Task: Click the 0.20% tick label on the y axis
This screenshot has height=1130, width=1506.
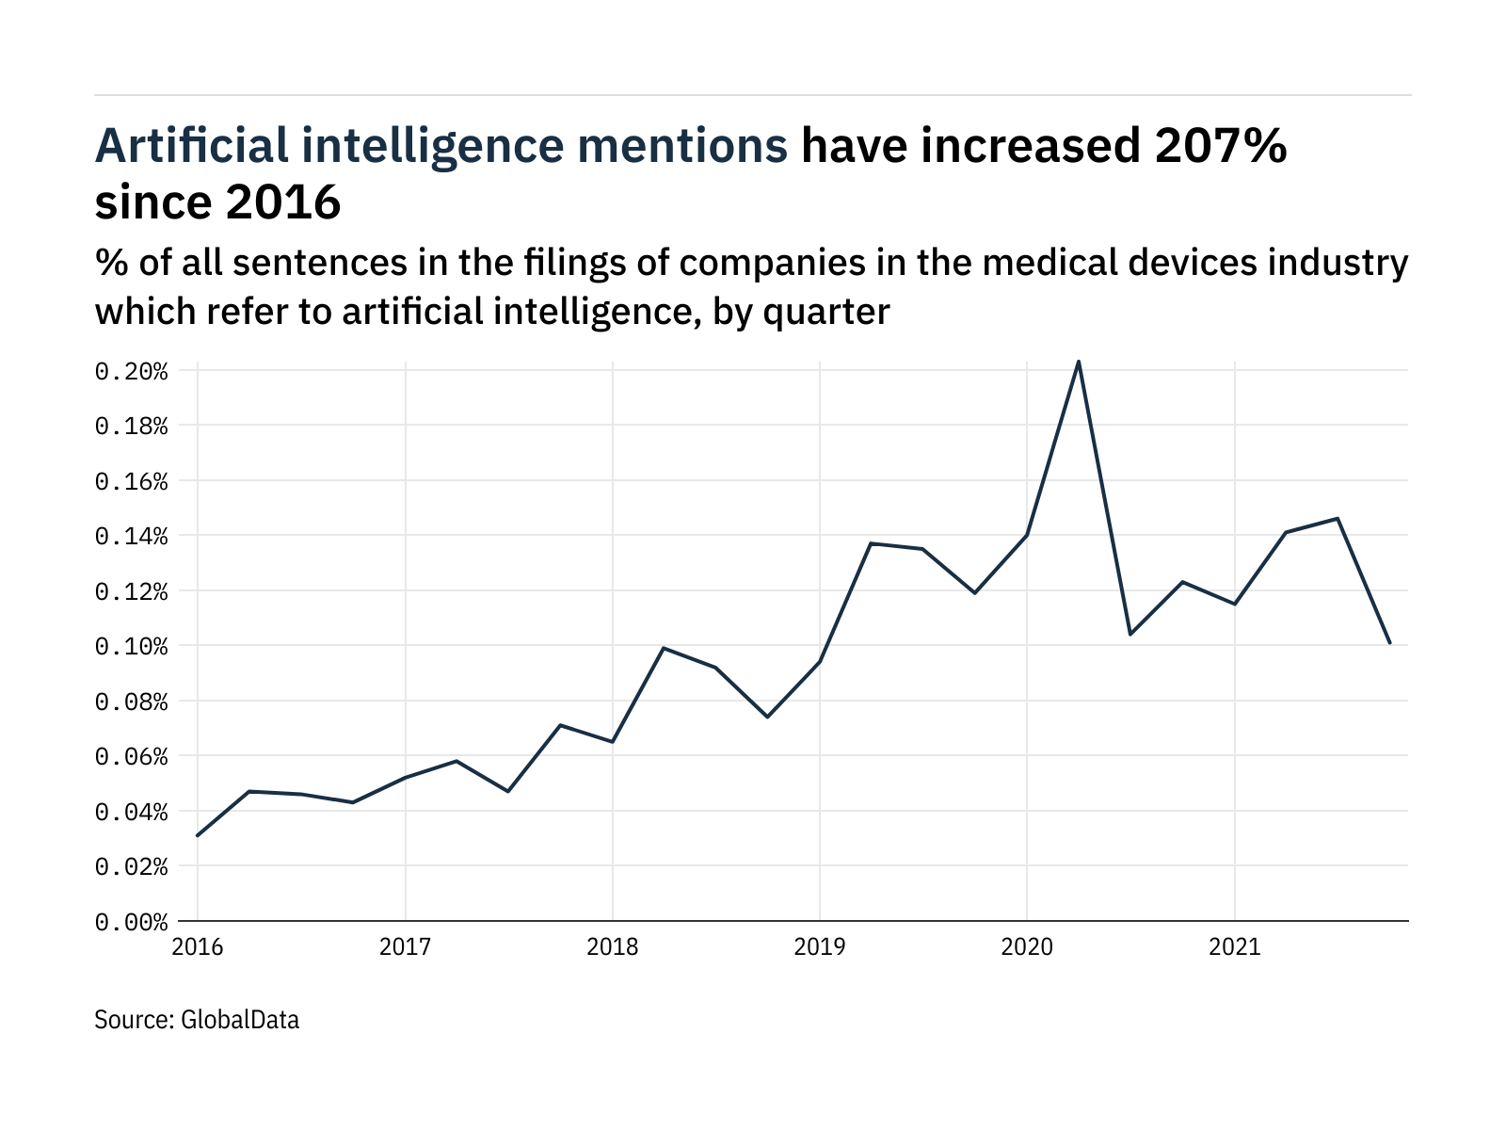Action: coord(131,371)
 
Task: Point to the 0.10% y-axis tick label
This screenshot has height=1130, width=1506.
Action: coord(131,647)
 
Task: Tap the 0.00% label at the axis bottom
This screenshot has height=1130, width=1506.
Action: coord(131,922)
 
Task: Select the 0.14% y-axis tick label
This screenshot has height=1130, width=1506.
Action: coord(131,537)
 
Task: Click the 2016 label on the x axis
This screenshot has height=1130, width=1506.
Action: coord(198,946)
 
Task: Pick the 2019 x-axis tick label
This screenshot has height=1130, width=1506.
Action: coord(819,946)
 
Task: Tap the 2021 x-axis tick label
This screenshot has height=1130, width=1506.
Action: coord(1234,946)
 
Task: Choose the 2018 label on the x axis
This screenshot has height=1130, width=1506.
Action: coord(612,946)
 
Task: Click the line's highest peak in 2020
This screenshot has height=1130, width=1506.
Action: coord(1078,362)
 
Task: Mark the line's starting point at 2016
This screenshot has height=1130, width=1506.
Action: coord(198,835)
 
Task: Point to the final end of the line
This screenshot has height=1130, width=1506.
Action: coord(1389,643)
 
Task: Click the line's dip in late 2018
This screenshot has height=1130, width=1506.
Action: coord(767,717)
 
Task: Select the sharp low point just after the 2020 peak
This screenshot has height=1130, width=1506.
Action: coord(1129,634)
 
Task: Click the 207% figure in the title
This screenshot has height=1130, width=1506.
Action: coord(1214,146)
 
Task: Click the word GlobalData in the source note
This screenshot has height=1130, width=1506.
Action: coord(239,1020)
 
